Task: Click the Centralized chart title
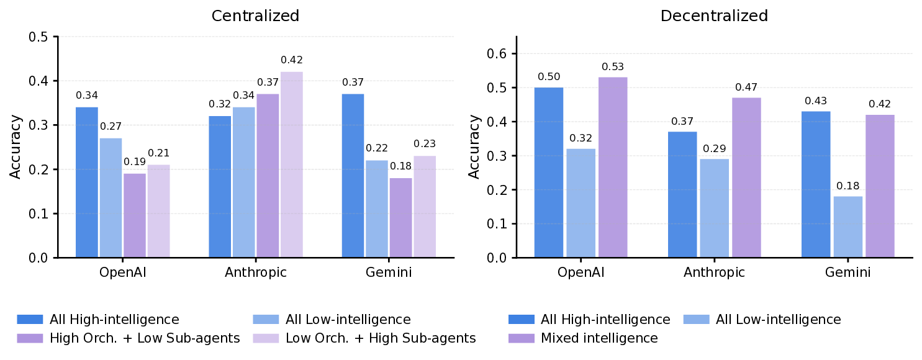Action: click(255, 16)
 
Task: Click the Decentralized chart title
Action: click(714, 16)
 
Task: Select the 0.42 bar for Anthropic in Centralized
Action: click(292, 164)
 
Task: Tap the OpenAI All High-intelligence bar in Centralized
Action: click(87, 182)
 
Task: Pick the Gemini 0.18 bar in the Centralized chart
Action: click(401, 218)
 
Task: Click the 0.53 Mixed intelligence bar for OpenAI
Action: click(612, 168)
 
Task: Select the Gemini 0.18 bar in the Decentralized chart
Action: click(848, 227)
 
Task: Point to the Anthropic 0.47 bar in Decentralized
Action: click(746, 178)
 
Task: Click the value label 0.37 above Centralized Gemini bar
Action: click(353, 83)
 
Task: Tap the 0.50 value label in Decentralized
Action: click(549, 77)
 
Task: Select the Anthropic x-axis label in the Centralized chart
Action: click(256, 272)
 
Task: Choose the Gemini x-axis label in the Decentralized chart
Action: click(848, 272)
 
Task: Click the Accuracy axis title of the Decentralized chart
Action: click(474, 146)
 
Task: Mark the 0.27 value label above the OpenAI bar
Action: click(111, 127)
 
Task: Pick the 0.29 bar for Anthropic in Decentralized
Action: click(715, 209)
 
